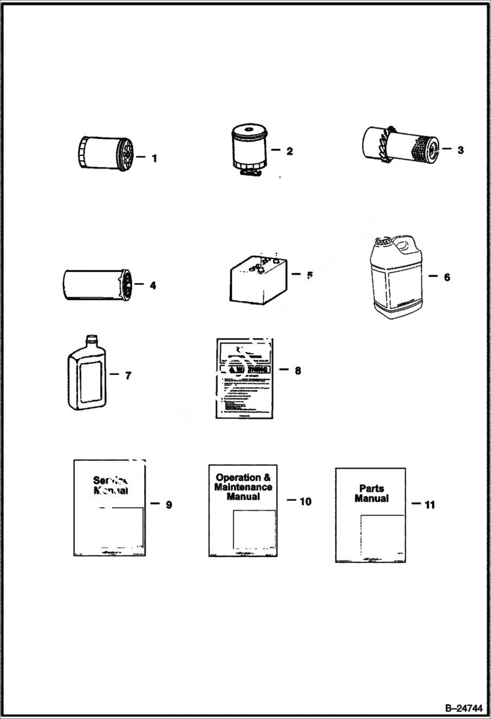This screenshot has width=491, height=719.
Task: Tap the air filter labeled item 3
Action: tap(399, 148)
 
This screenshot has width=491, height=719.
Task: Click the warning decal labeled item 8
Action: tap(243, 378)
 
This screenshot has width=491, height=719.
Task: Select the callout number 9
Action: tap(169, 505)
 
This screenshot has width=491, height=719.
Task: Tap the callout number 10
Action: tap(305, 501)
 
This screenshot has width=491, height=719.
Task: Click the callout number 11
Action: tap(429, 505)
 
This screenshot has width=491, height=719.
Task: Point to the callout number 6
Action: tap(447, 277)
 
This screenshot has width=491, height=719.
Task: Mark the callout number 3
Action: tap(460, 149)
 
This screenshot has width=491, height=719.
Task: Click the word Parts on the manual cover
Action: tap(371, 488)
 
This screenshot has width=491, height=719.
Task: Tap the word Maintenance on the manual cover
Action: tap(243, 487)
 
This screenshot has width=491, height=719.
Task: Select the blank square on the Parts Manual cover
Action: tap(382, 535)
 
